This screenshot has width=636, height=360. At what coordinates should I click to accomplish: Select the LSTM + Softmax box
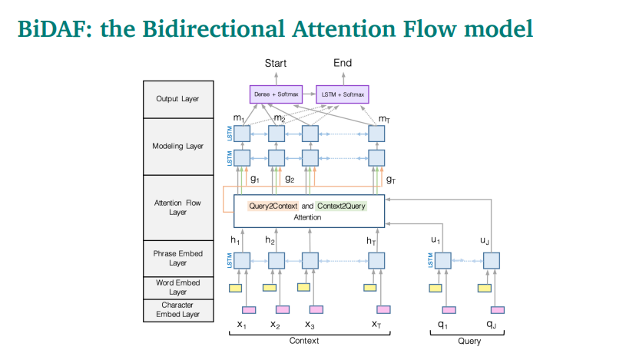[x=343, y=94]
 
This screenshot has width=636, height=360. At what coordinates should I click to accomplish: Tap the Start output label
[x=276, y=63]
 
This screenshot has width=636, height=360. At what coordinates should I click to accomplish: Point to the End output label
[x=343, y=63]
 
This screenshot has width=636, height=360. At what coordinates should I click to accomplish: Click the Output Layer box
[x=177, y=99]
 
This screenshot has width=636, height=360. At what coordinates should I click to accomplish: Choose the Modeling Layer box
[x=177, y=146]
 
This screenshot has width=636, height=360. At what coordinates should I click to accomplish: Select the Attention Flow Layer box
[x=177, y=207]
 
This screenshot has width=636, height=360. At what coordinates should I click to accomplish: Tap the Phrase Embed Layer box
[x=177, y=258]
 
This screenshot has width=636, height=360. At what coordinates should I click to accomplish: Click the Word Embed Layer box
[x=177, y=287]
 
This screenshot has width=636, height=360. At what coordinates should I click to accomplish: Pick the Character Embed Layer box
[x=177, y=309]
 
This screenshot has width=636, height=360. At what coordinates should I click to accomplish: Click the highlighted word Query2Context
[x=273, y=206]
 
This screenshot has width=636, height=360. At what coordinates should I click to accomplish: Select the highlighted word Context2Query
[x=341, y=206]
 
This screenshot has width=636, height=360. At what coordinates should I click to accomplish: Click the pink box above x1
[x=249, y=310]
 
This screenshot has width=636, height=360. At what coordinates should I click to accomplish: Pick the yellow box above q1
[x=436, y=288]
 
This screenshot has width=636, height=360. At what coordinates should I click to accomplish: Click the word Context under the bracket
[x=304, y=341]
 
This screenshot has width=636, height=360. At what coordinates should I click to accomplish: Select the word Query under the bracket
[x=469, y=341]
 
